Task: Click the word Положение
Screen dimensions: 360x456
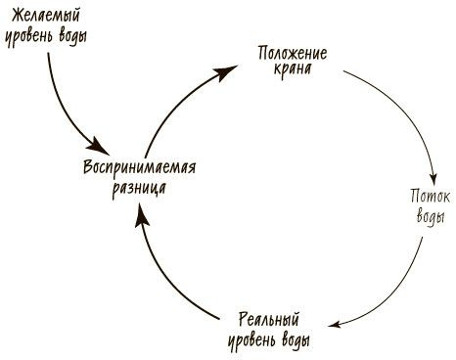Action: click(x=293, y=51)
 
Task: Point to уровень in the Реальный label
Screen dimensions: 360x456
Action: click(x=254, y=341)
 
